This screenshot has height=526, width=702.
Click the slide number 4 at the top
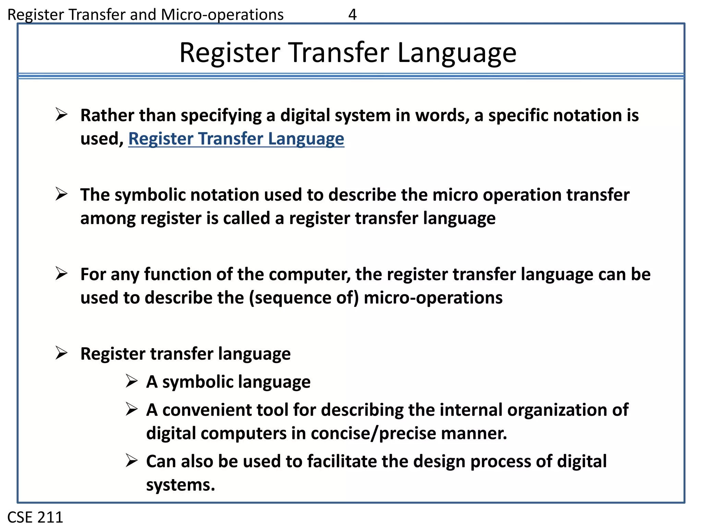[352, 15]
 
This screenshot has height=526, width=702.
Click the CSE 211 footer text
[35, 517]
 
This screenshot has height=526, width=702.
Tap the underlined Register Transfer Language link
[236, 139]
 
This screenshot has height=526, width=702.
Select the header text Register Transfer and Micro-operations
[145, 15]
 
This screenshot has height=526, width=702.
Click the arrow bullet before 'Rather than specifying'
[62, 114]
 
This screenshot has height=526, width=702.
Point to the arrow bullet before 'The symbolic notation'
[62, 194]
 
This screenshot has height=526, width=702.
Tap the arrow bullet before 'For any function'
[62, 274]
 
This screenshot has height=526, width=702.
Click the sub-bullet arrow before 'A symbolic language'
[132, 381]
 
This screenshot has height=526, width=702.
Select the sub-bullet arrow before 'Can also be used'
[132, 461]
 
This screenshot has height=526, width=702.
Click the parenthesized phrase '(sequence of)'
[304, 298]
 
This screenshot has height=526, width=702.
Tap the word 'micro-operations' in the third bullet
[433, 298]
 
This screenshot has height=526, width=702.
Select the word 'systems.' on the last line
[181, 485]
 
